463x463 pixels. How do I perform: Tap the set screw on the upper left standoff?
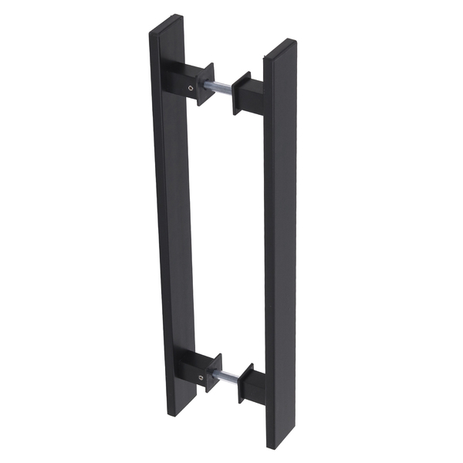(x=191, y=91)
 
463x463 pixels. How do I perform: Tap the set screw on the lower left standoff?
(x=201, y=378)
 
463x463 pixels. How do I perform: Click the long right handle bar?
(x=281, y=247)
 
